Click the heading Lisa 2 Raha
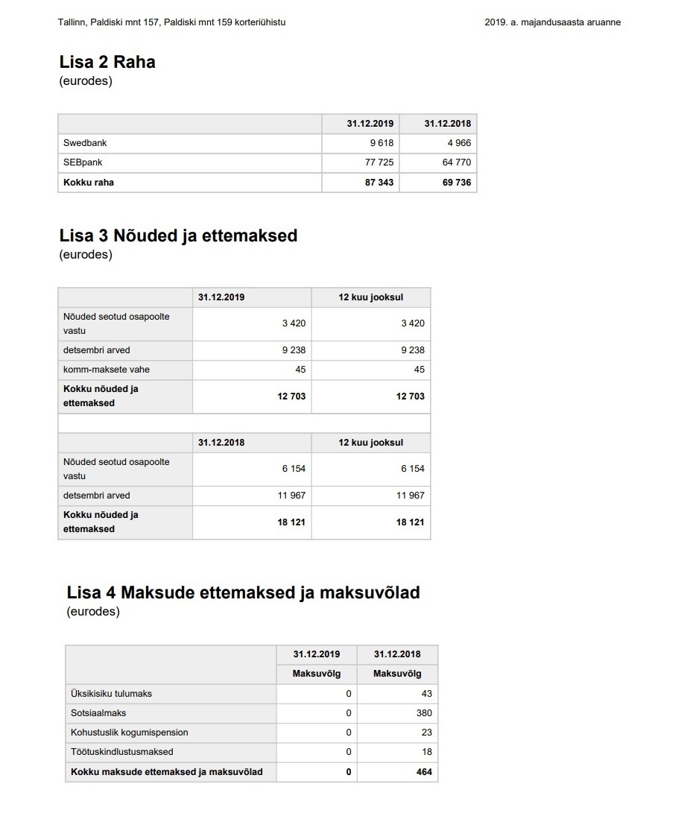click(107, 62)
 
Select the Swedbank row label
click(85, 143)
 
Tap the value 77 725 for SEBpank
click(379, 162)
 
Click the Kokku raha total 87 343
click(379, 183)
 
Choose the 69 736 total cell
click(457, 183)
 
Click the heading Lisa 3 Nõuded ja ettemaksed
click(178, 236)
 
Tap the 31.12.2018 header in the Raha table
click(448, 124)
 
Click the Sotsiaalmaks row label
click(98, 713)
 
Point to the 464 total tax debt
click(424, 772)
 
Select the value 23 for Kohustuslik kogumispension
click(426, 733)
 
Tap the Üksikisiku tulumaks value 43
click(426, 694)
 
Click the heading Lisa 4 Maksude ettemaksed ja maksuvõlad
click(243, 593)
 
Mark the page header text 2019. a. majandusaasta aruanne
click(552, 22)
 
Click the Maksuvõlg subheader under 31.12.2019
click(317, 674)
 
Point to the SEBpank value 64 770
click(457, 162)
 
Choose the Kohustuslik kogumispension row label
click(129, 733)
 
